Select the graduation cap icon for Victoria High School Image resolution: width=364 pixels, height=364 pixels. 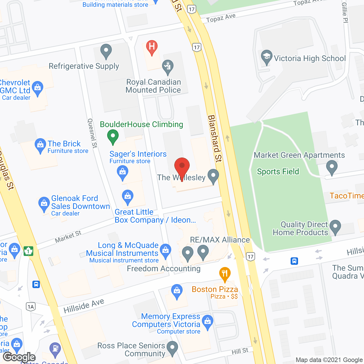tap(266, 57)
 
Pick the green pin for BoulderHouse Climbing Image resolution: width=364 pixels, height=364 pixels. tap(113, 136)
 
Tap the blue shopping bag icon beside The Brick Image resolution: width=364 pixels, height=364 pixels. tap(40, 146)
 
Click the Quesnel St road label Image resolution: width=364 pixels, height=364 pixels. tap(92, 133)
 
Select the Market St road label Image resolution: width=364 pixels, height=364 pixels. tap(68, 237)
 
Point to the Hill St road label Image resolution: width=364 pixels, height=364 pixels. tap(240, 351)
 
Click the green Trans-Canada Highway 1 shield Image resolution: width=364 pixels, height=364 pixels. tap(28, 251)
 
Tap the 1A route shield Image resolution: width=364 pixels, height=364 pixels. tap(31, 307)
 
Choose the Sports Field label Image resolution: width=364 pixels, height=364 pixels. tap(278, 171)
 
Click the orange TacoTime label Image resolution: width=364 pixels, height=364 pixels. tap(346, 196)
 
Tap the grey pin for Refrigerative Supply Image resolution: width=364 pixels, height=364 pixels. tap(106, 51)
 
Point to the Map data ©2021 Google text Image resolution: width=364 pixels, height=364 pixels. tap(329, 360)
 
